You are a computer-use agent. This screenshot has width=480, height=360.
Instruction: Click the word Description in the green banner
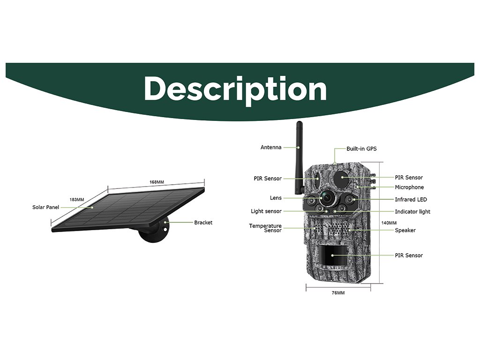[x=235, y=89]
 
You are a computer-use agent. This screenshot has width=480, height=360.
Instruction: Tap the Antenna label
[x=271, y=147]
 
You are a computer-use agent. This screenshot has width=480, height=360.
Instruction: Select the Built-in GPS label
[x=361, y=149]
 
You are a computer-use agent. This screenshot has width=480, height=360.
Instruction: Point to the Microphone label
[x=409, y=187]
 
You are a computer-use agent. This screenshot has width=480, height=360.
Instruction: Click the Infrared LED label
[x=411, y=200]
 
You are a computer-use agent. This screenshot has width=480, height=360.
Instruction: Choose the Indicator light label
[x=412, y=212]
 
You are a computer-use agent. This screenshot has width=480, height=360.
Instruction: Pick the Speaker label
[x=405, y=230]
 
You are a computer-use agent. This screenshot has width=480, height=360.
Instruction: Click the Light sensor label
[x=266, y=211]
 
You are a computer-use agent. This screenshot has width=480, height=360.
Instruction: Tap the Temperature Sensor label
[x=265, y=228]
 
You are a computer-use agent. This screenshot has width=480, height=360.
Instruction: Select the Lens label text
[x=276, y=198]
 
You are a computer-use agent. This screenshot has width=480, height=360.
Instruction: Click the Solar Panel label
[x=45, y=207]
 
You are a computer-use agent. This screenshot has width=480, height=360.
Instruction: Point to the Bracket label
[x=203, y=223]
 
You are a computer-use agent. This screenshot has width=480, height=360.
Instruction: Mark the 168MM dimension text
[x=157, y=182]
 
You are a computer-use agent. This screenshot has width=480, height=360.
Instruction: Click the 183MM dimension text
[x=76, y=200]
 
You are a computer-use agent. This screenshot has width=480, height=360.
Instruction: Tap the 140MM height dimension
[x=389, y=223]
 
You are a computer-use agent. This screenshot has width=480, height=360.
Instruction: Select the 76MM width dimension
[x=337, y=293]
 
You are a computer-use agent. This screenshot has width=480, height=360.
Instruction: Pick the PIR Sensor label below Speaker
[x=408, y=255]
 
